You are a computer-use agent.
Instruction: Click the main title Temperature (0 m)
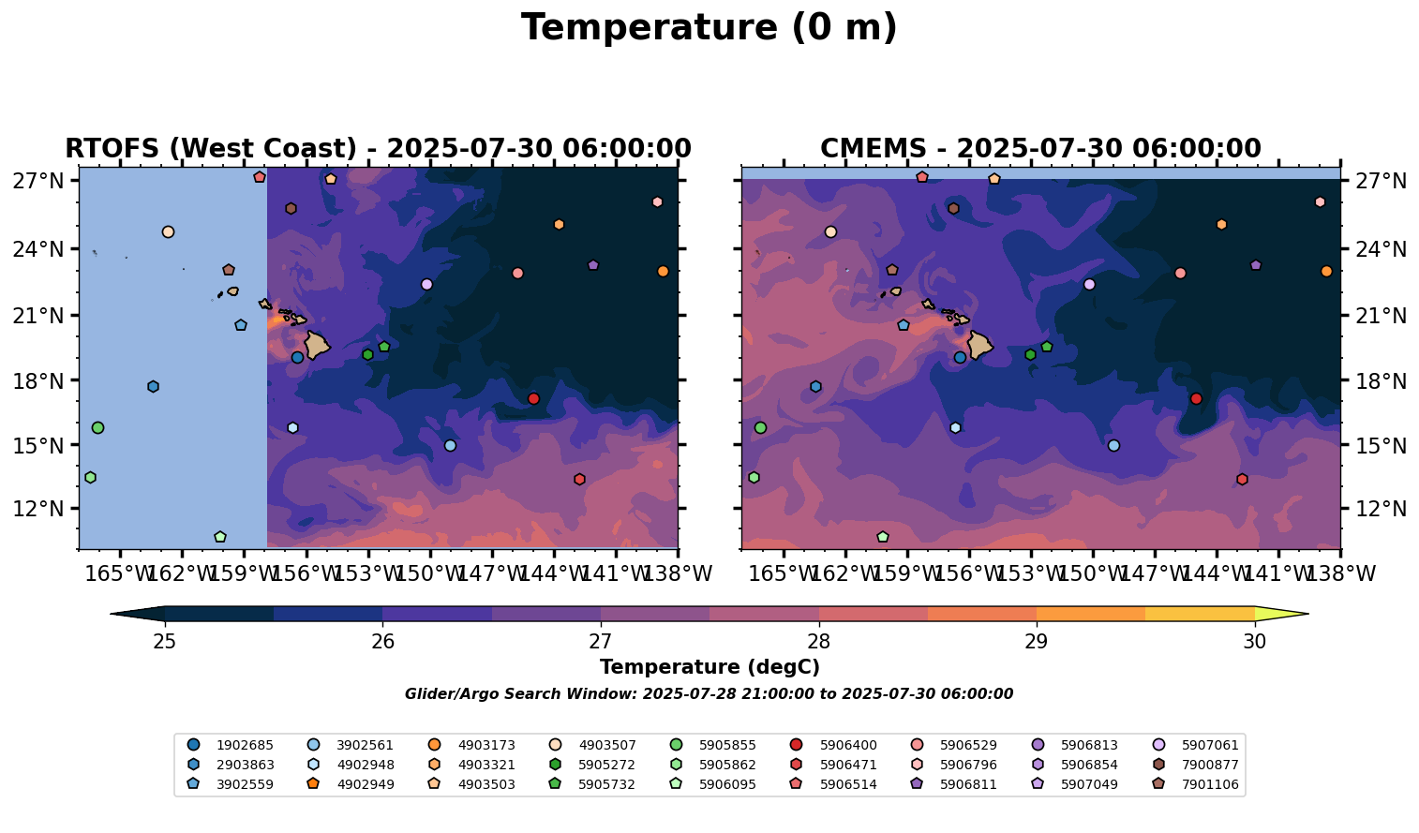(x=709, y=28)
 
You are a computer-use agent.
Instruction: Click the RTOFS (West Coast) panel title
(x=378, y=149)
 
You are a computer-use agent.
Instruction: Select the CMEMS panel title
(x=1040, y=149)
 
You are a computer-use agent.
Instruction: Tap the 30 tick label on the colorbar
(x=1254, y=642)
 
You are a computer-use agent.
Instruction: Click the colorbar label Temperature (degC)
(x=709, y=667)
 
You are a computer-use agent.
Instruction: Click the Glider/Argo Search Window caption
(x=709, y=694)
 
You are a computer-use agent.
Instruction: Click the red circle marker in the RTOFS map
(x=533, y=398)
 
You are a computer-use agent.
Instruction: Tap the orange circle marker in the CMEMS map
(x=1326, y=272)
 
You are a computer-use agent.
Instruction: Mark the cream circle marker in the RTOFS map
(x=168, y=231)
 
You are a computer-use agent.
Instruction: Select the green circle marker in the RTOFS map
(x=97, y=427)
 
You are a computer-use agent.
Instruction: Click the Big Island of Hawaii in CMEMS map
(x=979, y=345)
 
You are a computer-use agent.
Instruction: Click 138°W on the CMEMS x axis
(x=1339, y=573)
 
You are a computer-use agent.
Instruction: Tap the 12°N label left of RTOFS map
(x=37, y=510)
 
